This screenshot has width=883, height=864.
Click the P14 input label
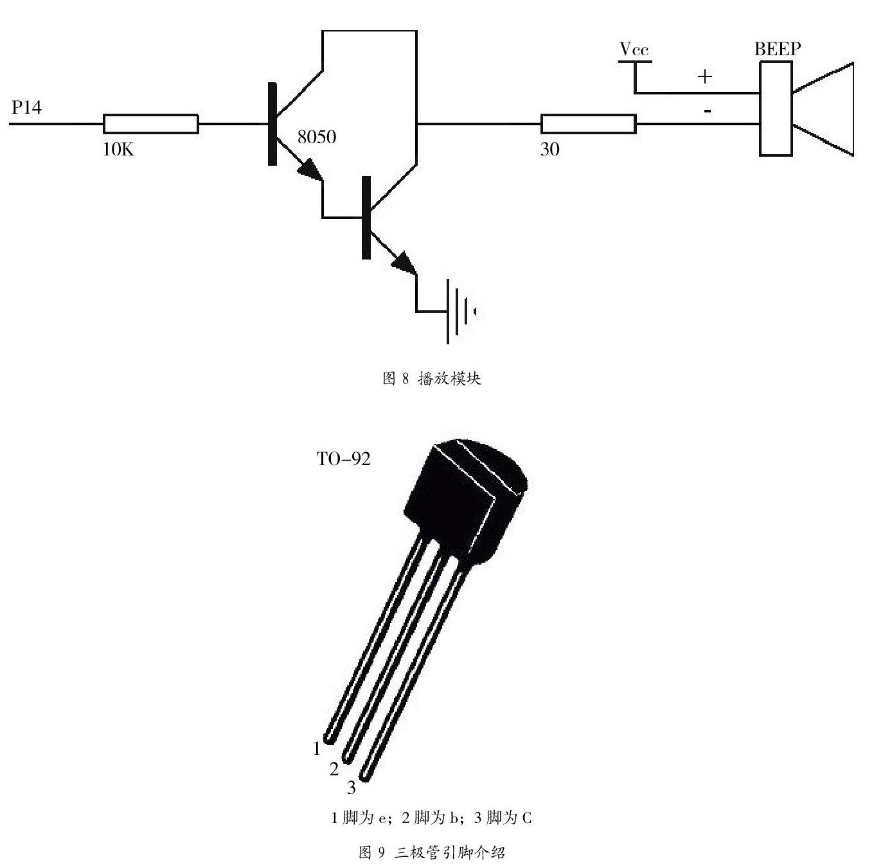26,107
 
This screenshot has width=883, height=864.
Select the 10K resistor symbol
150,124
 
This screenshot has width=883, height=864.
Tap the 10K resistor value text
118,150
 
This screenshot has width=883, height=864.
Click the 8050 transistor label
316,137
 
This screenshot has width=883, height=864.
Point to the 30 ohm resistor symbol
588,124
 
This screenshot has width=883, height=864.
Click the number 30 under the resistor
549,150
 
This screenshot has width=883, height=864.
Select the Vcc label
634,49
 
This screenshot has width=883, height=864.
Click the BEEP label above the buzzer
778,49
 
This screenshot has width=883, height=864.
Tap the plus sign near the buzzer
705,76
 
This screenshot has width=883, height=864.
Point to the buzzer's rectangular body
775,109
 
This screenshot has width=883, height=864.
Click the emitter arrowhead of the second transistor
404,263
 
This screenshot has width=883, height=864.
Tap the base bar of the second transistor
366,217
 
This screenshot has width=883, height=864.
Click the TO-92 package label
344,459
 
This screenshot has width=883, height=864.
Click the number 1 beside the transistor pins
316,748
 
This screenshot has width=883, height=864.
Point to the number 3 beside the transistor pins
351,787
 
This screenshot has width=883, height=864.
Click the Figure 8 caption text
432,378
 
